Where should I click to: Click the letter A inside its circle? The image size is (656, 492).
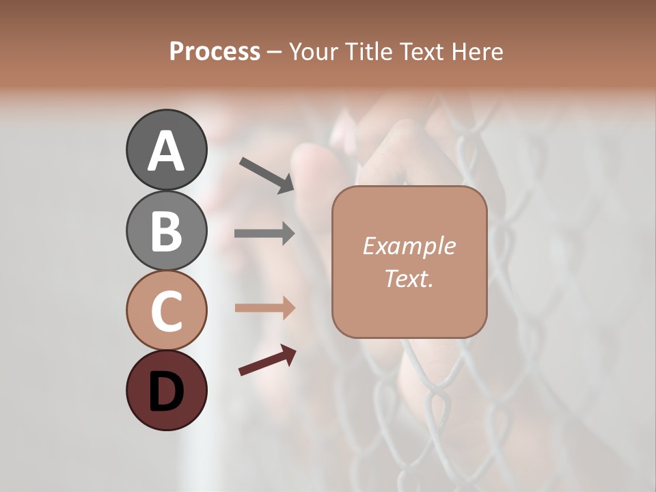(x=166, y=151)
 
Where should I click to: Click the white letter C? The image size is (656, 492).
(x=166, y=311)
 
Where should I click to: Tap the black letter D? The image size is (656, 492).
(x=166, y=391)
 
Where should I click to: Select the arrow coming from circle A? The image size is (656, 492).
(x=266, y=175)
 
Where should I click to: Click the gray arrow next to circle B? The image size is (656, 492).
(x=264, y=233)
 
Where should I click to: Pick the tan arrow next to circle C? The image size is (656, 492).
(x=264, y=307)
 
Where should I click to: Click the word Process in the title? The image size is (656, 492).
(x=215, y=52)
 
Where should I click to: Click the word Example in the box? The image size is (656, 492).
(x=409, y=246)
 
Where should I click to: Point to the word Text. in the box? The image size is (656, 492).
(x=409, y=278)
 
